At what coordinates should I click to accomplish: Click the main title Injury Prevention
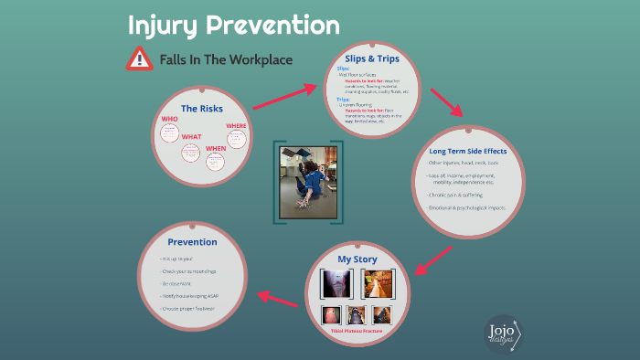click(233, 25)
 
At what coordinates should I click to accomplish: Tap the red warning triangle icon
click(138, 59)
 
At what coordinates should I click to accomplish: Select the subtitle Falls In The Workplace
click(225, 59)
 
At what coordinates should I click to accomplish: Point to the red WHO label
click(169, 119)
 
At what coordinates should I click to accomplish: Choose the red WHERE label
click(236, 125)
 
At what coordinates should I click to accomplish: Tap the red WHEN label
click(216, 148)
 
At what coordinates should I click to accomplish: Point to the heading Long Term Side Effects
click(474, 150)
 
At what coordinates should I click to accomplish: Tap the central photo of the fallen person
click(309, 181)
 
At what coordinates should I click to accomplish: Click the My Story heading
click(357, 259)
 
